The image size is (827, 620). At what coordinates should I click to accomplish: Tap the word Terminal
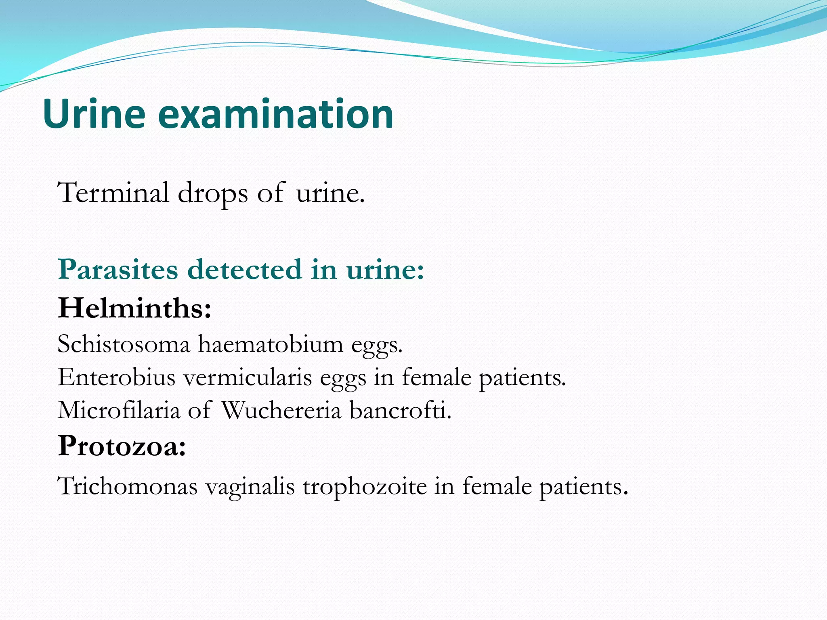[x=113, y=193]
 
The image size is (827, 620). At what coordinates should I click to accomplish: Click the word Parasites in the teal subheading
[x=118, y=269]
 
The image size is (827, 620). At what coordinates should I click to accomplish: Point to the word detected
[x=245, y=269]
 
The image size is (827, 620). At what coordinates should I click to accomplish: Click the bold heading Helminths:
[x=134, y=308]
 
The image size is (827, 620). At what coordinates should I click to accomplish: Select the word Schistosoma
[x=124, y=345]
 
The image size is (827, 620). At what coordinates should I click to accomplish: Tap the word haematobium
[x=270, y=345]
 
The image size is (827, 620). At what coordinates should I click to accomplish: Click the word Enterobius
[x=116, y=378]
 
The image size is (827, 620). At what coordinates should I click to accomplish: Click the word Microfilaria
[x=119, y=411]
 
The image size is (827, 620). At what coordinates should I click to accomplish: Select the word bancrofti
[x=400, y=411]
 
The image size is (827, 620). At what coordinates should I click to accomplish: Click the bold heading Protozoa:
[x=122, y=446]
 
